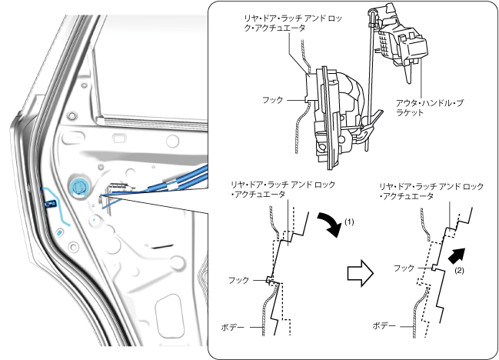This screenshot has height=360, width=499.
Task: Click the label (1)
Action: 348,222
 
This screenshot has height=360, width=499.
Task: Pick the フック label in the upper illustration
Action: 273,99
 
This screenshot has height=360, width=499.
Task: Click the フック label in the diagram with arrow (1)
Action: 241,281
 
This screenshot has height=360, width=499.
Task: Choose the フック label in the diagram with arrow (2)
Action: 404,268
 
